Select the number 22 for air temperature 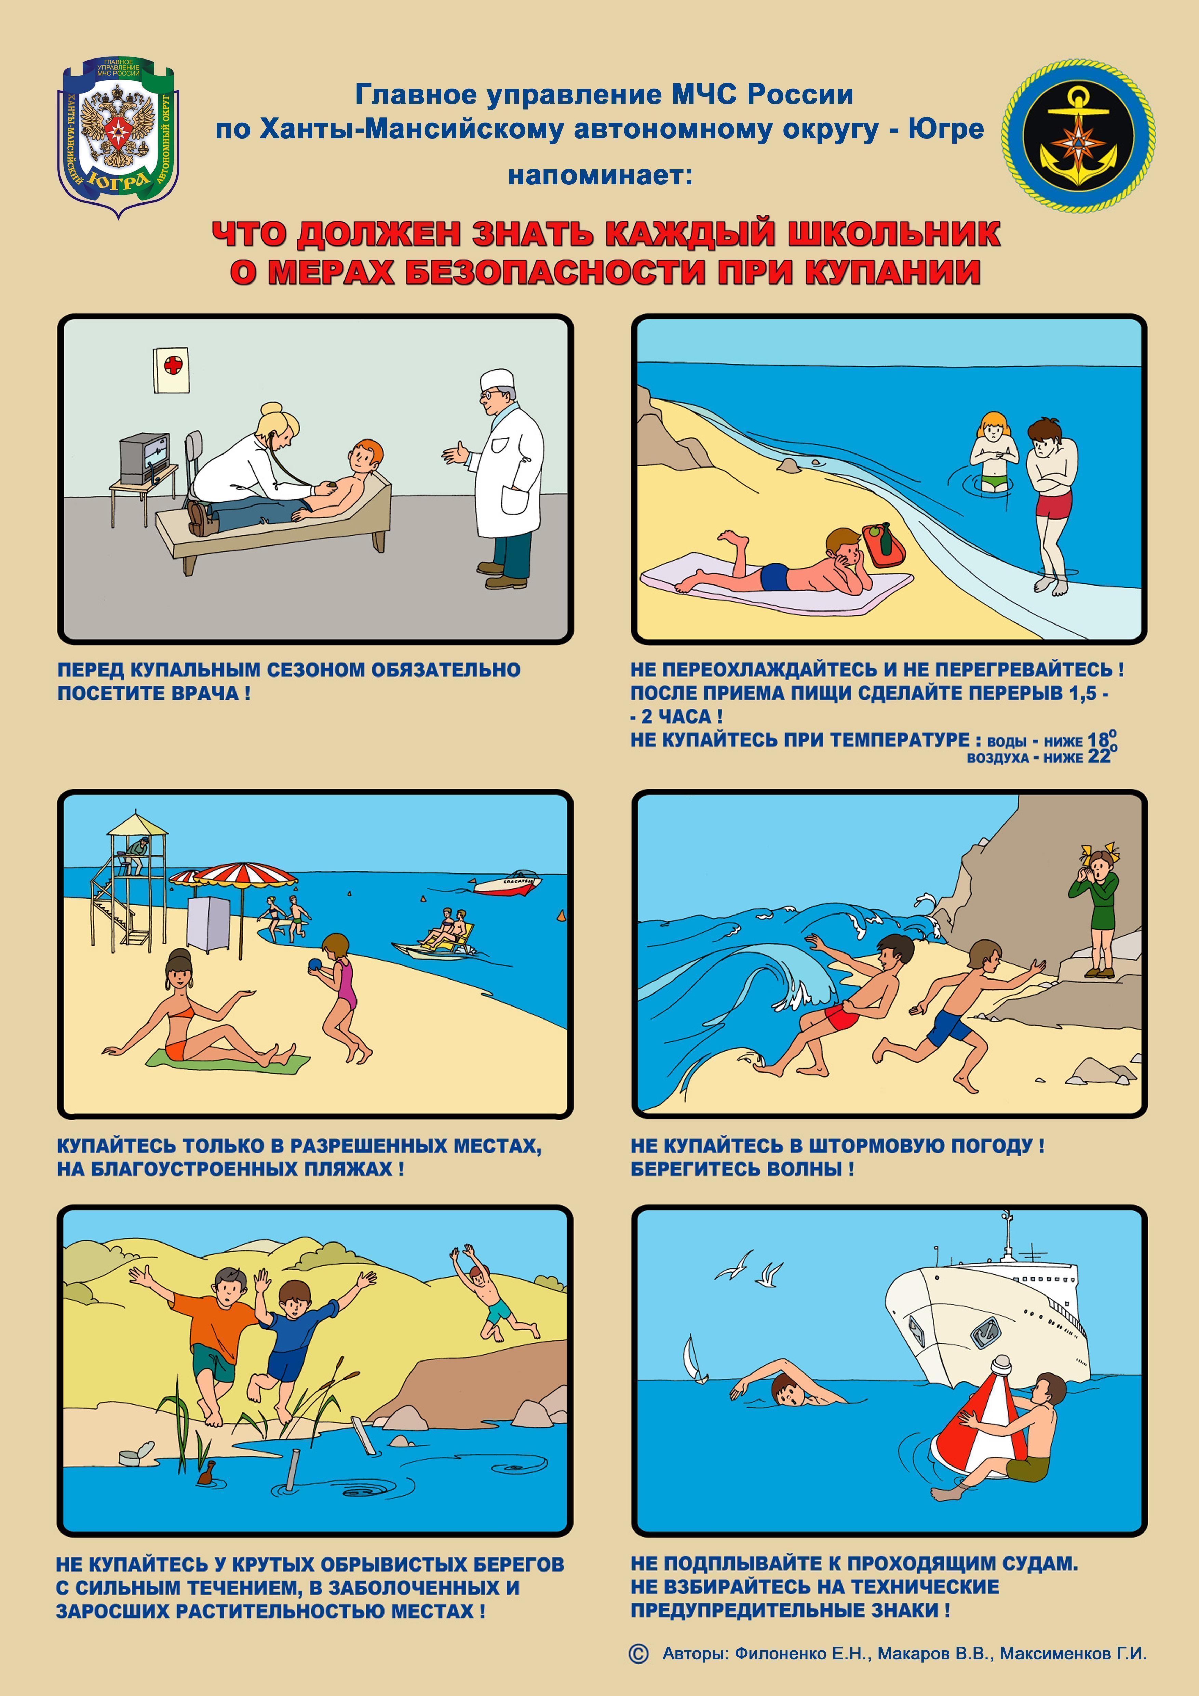point(1099,756)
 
